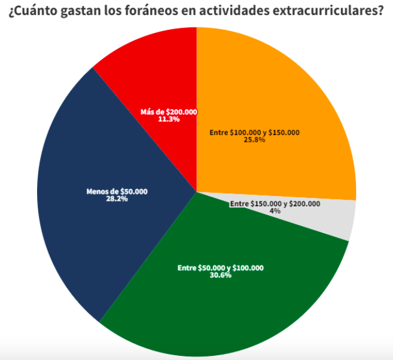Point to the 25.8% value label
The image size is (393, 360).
pos(254,141)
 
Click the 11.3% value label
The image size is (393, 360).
pos(169,119)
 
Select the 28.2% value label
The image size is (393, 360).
pos(117,199)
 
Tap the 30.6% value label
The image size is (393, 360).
pos(220,276)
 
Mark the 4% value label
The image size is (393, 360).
pos(275,211)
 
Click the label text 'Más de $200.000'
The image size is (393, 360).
pos(169,112)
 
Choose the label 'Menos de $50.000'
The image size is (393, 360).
pos(117,191)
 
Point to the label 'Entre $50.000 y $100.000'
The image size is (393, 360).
pos(220,268)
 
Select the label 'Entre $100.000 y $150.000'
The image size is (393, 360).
pos(254,133)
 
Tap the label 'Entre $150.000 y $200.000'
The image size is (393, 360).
pos(275,204)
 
